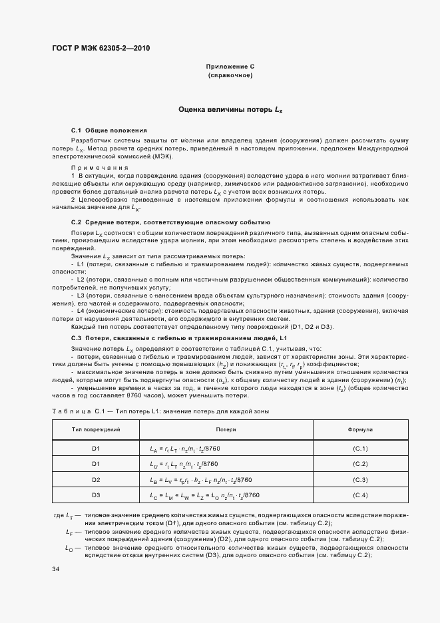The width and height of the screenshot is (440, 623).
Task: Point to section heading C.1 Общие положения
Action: tap(109, 130)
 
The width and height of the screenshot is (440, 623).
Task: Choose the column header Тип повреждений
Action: tap(96, 431)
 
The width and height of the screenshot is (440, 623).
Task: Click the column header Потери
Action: tap(226, 431)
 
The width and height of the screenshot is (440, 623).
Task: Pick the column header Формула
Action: tap(360, 431)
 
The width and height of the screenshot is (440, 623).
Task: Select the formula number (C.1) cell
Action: tap(360, 449)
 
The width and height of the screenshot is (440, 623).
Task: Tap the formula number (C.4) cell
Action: tap(360, 495)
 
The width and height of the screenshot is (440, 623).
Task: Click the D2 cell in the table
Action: tap(96, 480)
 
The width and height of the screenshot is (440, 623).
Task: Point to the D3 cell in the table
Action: tap(96, 495)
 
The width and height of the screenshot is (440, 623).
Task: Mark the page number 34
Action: tap(56, 570)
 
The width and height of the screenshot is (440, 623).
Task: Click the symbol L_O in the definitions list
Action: tap(69, 547)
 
